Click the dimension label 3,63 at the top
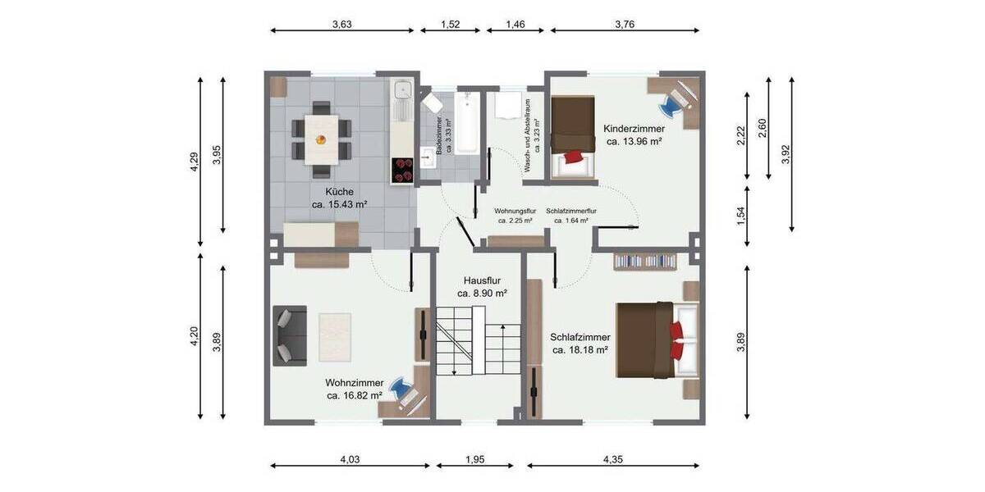click(341, 25)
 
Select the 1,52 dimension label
click(450, 25)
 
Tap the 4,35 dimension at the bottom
click(613, 459)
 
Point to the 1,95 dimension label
click(474, 459)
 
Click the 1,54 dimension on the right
click(740, 216)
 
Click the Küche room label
click(339, 191)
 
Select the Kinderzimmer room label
click(634, 129)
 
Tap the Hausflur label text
click(482, 280)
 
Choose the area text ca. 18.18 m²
click(580, 350)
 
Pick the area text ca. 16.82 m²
click(355, 395)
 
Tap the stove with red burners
click(402, 171)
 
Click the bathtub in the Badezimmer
click(466, 122)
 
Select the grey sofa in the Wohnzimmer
click(289, 335)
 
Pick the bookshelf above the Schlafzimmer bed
click(645, 261)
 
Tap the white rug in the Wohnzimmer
click(335, 336)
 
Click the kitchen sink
click(402, 93)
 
